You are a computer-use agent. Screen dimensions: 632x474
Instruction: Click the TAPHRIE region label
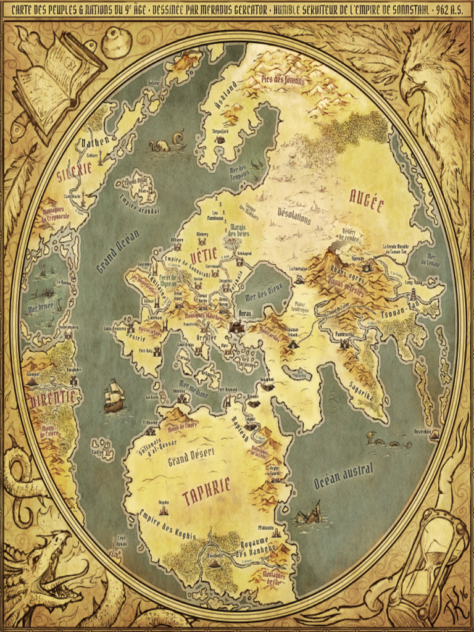point(207,491)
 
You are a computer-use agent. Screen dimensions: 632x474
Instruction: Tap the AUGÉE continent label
point(367,200)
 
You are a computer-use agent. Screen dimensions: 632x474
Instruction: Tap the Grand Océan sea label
point(117,251)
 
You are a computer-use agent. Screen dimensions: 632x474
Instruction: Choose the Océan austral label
point(344,476)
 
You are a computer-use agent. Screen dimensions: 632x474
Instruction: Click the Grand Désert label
point(191,457)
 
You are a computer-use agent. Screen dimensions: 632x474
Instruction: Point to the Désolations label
point(294,217)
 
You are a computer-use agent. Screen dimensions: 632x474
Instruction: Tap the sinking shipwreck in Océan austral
point(309,513)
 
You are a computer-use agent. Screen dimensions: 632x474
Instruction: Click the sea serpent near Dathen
point(165,143)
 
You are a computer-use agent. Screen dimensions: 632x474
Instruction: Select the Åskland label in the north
point(225,98)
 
